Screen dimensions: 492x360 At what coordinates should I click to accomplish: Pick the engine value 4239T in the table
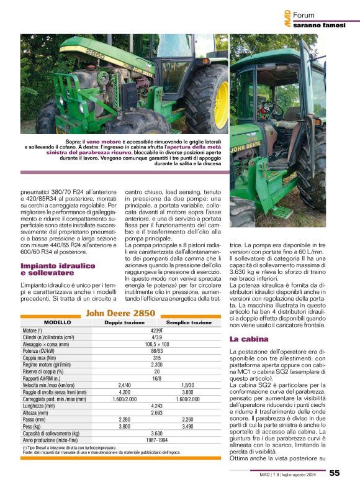pos(157,331)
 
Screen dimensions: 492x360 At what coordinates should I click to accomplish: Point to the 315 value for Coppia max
pos(157,358)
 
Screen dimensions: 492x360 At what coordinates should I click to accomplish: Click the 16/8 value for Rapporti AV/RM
pos(157,378)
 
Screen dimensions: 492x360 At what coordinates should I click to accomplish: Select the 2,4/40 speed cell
pos(124,385)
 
